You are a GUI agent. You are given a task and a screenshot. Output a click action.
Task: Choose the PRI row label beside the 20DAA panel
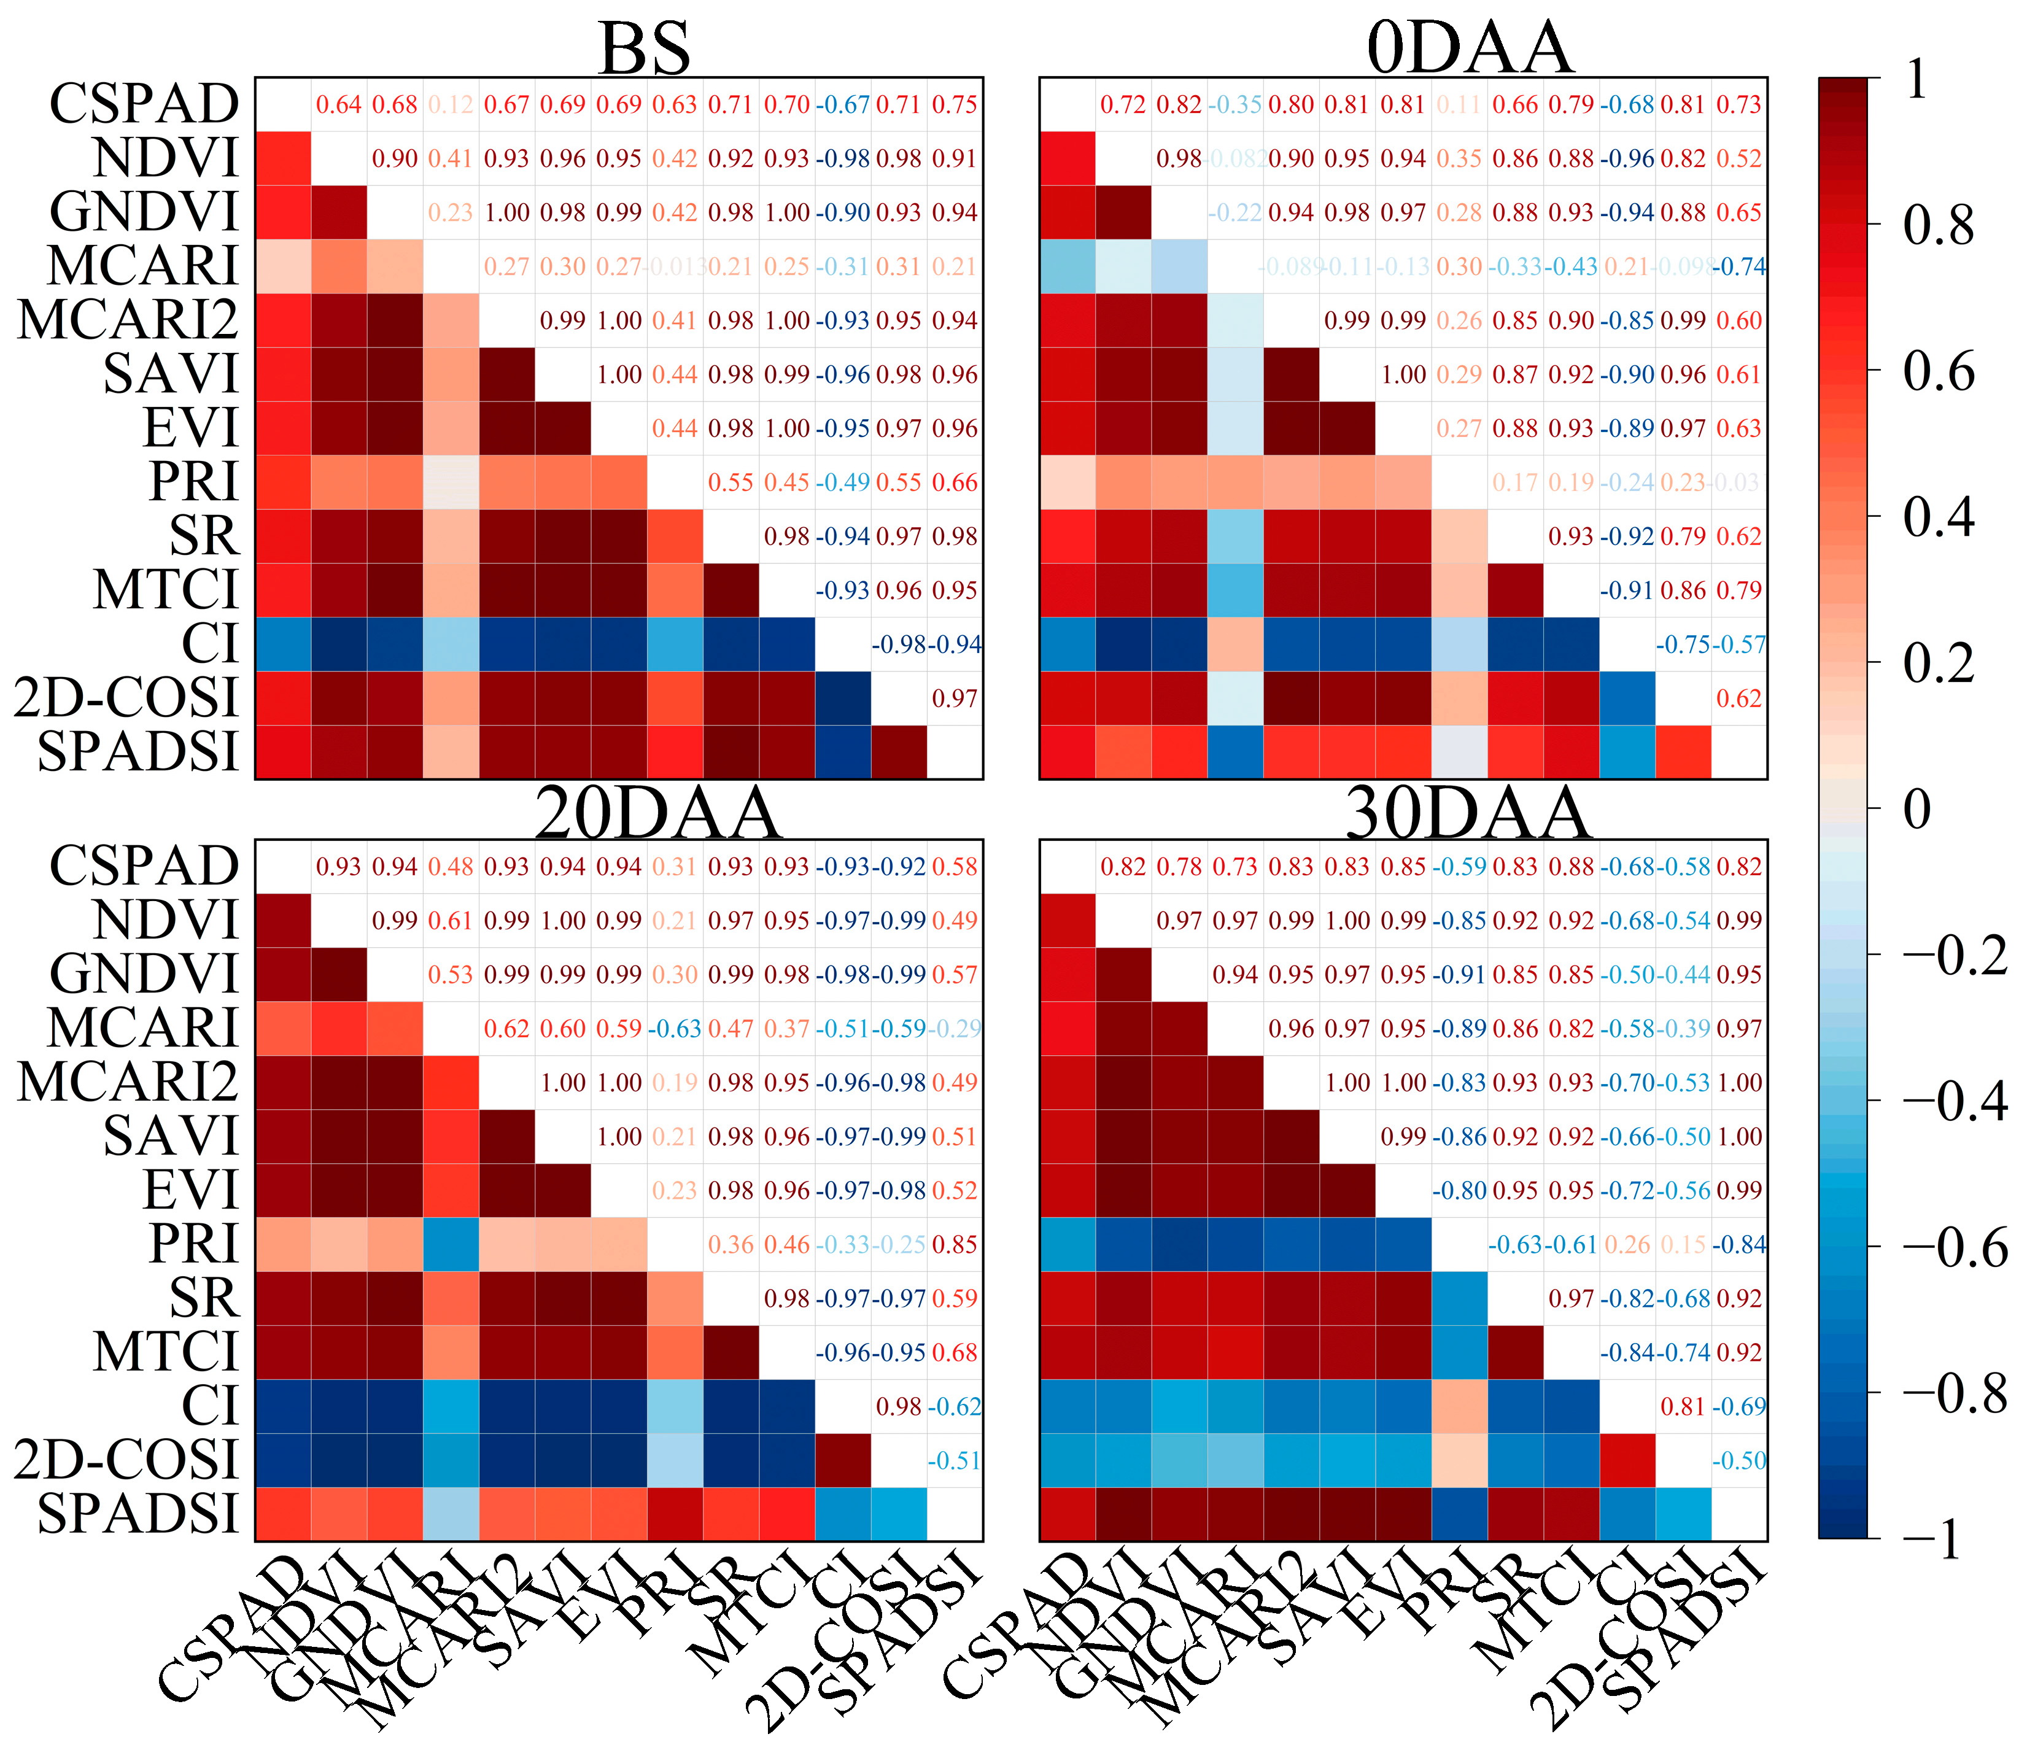point(194,1244)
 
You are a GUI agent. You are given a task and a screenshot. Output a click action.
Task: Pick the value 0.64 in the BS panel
point(339,105)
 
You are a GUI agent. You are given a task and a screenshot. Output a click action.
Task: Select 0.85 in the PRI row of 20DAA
point(955,1244)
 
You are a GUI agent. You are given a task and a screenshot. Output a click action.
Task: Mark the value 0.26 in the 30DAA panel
point(1628,1244)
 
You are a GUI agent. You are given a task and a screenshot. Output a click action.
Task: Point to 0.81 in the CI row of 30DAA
point(1684,1407)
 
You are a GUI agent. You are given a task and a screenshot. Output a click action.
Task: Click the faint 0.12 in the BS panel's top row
point(451,105)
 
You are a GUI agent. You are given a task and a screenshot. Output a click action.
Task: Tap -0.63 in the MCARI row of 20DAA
point(675,1029)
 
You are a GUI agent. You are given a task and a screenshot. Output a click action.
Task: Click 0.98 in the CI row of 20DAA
point(899,1407)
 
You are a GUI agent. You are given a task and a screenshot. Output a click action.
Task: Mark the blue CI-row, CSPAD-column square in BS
point(284,644)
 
